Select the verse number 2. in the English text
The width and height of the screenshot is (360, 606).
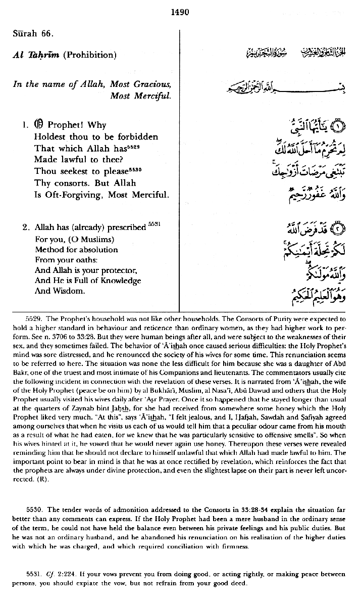point(25,227)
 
